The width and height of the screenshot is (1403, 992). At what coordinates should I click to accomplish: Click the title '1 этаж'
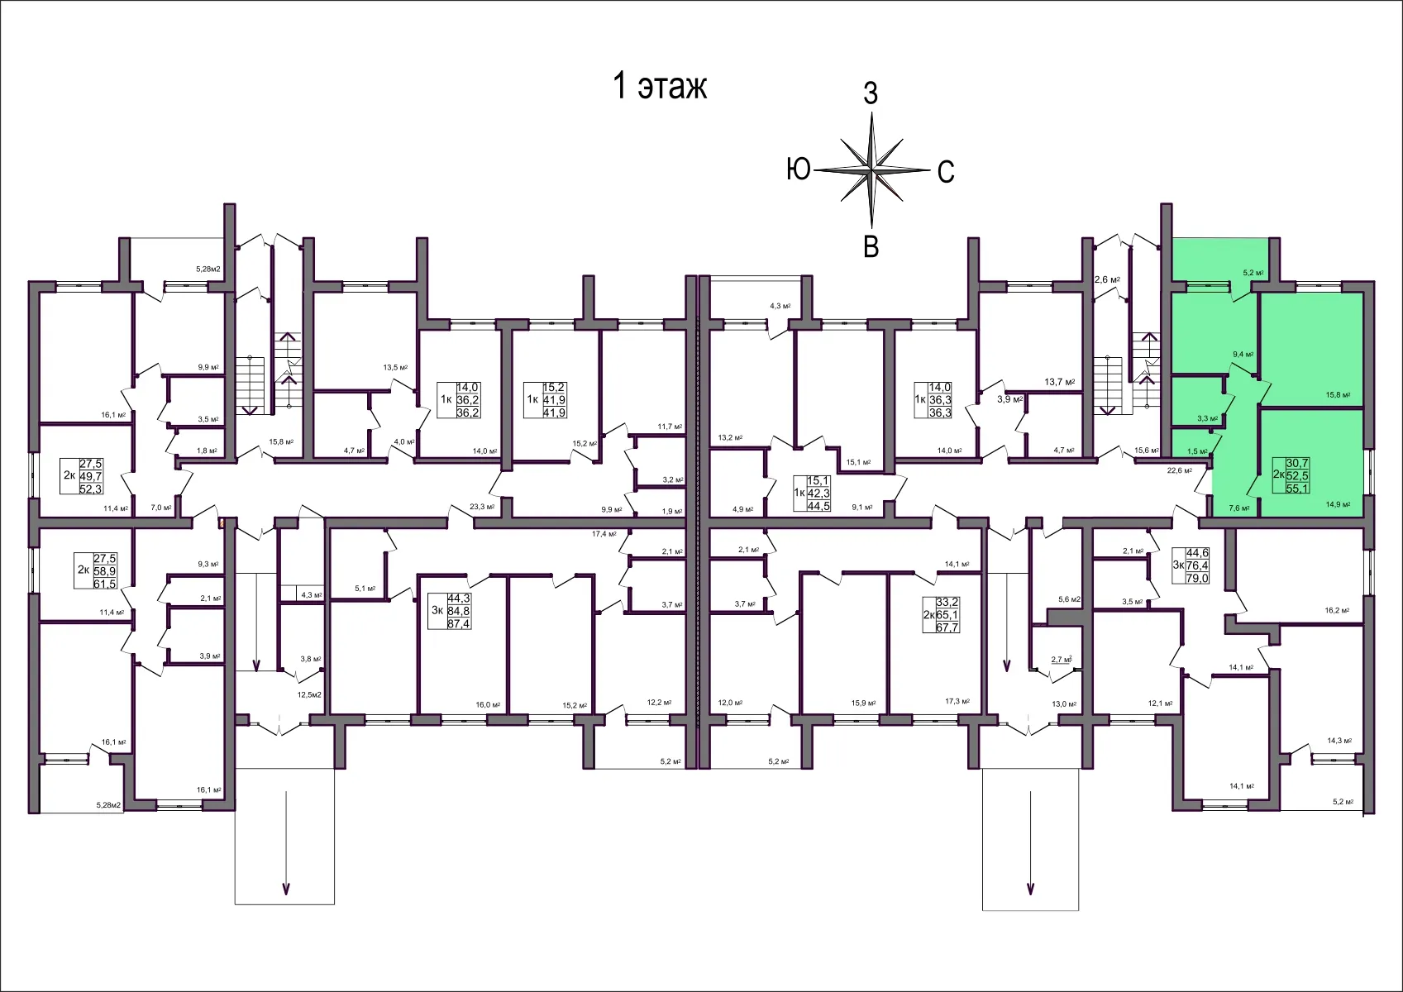659,86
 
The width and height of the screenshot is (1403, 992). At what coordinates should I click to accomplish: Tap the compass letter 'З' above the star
871,94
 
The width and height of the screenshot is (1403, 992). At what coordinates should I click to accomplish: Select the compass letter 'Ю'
798,170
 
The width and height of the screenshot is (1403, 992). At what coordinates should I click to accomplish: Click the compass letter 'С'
946,172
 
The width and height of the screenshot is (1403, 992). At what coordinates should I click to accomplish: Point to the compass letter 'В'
871,246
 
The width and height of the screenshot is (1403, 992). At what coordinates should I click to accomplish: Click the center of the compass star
872,170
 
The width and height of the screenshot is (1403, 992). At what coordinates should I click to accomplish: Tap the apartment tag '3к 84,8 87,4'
450,611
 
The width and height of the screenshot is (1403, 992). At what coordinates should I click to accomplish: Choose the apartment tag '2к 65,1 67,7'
941,615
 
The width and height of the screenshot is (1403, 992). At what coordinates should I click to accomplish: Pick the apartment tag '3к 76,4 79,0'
1191,565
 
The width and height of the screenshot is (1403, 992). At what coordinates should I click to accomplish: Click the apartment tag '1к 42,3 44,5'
812,493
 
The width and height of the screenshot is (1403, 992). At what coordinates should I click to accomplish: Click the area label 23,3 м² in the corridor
482,507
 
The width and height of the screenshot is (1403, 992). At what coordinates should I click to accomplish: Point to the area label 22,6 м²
1179,470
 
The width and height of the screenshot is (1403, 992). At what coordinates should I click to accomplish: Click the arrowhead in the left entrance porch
286,889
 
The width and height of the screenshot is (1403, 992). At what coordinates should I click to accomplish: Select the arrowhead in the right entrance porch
1030,889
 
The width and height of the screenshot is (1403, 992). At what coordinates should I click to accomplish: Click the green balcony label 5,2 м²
1253,273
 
